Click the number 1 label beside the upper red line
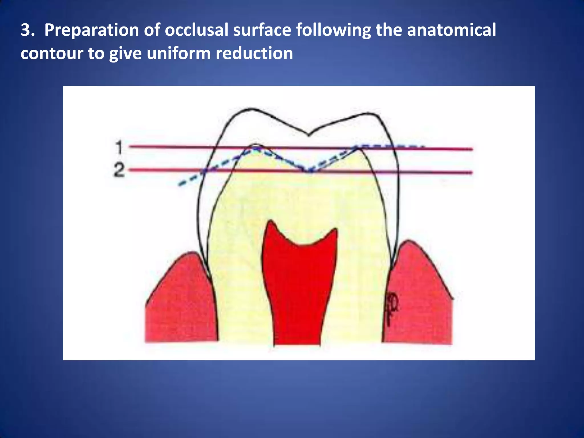coord(119,147)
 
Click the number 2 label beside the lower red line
coord(119,171)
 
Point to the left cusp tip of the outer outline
coord(251,109)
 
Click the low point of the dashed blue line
coord(309,172)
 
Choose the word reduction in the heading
coord(254,53)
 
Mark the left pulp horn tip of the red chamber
coord(270,221)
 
